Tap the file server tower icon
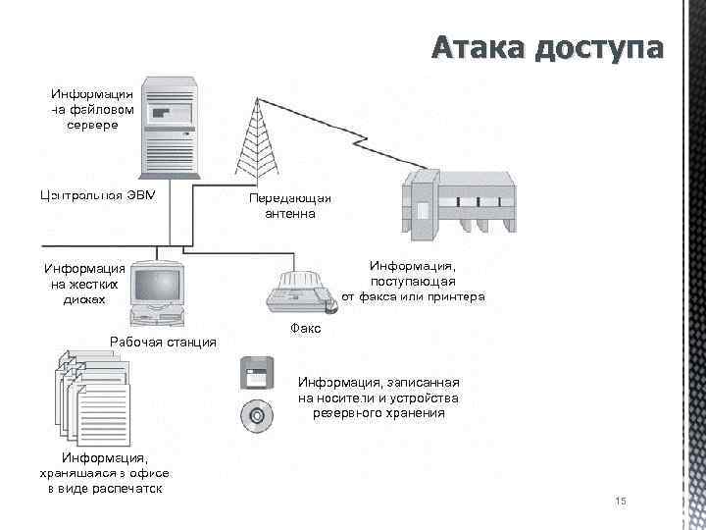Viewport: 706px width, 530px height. [169, 124]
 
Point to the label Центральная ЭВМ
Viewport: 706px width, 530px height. [98, 191]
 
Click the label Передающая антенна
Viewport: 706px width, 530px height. [289, 205]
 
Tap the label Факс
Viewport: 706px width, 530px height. [306, 329]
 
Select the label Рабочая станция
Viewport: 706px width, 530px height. [163, 342]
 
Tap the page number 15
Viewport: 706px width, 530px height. [620, 503]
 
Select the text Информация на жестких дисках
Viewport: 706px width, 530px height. [84, 284]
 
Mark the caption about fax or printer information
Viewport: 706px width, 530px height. [412, 281]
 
